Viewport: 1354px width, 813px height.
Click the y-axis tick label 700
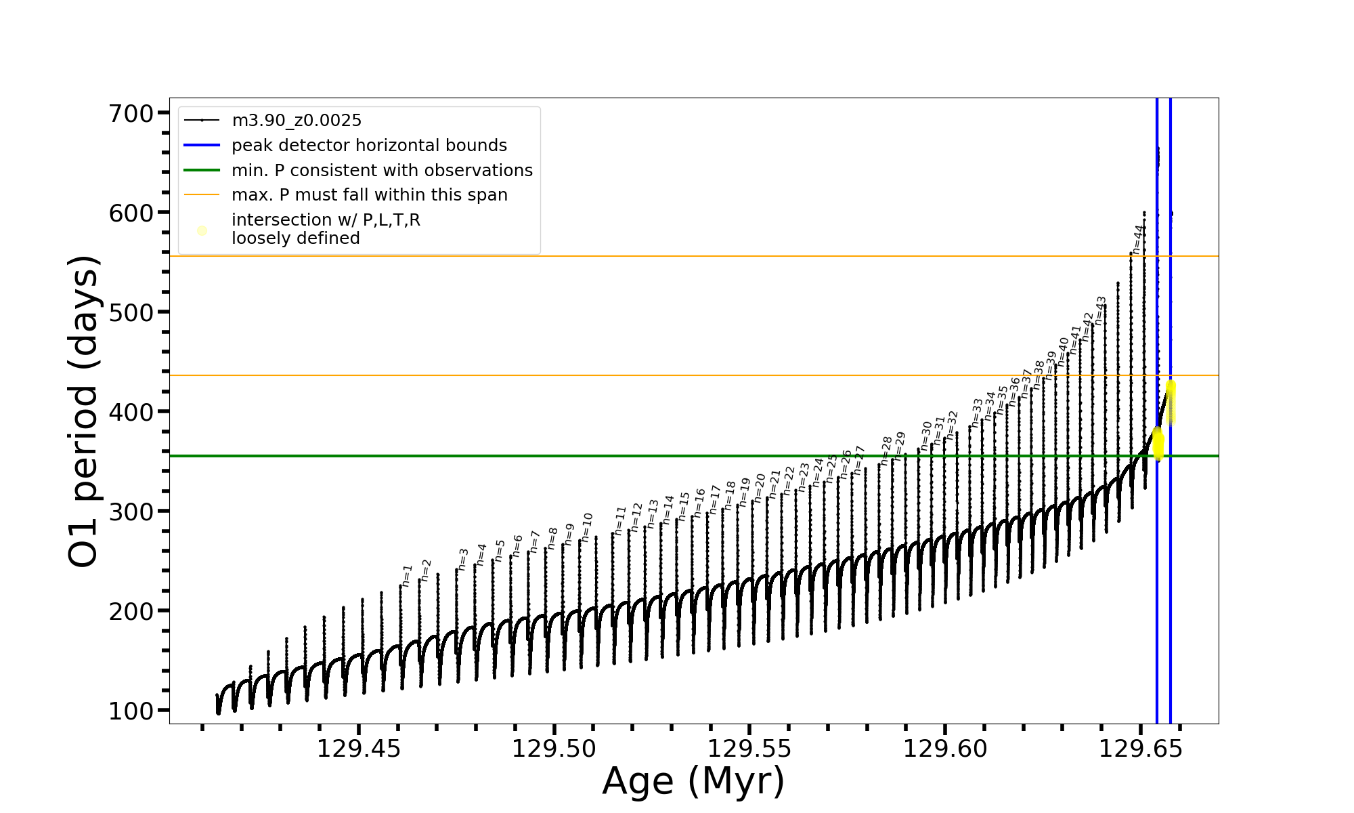[131, 113]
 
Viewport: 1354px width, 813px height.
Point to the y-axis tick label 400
[131, 412]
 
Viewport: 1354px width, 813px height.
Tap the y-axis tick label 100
[131, 711]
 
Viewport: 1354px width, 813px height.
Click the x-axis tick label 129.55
[749, 749]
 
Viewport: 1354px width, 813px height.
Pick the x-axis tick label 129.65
[1140, 749]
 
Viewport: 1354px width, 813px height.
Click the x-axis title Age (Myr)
[693, 781]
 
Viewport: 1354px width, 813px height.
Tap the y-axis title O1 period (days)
[84, 411]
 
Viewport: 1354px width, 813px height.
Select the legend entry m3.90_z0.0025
[297, 121]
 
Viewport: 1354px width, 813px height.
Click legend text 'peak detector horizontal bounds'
[369, 146]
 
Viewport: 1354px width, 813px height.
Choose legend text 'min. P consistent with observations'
[382, 171]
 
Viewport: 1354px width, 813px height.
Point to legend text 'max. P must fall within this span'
[369, 195]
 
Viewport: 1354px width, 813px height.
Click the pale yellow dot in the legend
[202, 231]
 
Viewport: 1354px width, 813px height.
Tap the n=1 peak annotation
[407, 575]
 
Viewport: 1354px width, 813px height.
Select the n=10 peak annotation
[587, 527]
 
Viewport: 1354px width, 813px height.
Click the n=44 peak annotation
[1139, 239]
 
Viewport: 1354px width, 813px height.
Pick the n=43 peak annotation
[1100, 310]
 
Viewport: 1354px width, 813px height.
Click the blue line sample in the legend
[202, 146]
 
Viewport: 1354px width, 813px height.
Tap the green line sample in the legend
[202, 171]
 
